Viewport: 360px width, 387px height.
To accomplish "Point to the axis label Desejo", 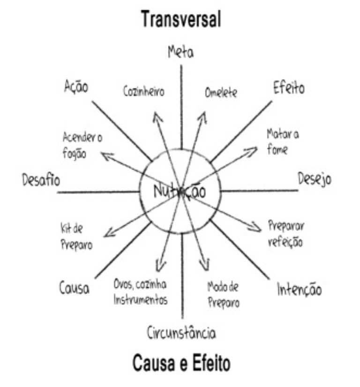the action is (315, 179).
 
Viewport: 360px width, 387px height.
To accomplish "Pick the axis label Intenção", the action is (299, 290).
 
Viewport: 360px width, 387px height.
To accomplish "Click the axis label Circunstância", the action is (181, 333).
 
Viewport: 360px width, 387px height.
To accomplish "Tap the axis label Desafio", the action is (41, 180).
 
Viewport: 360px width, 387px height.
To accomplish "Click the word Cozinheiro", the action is (144, 92).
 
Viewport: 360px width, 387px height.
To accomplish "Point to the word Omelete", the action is (221, 92).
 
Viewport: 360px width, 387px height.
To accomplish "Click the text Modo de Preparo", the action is (223, 294).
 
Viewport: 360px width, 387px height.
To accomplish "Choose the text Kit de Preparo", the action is (76, 237).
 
